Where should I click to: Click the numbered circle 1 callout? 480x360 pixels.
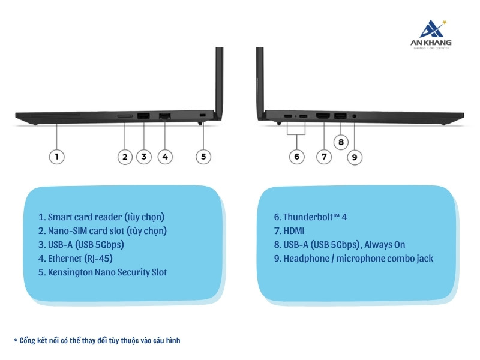56,157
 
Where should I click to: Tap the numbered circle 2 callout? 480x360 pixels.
124,157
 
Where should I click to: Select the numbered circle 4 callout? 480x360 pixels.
166,157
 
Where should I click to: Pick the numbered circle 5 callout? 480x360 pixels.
203,157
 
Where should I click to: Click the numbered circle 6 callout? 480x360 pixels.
296,157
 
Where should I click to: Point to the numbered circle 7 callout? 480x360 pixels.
323,157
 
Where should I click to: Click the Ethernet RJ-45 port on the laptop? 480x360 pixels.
164,115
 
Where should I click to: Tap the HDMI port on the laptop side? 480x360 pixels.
323,115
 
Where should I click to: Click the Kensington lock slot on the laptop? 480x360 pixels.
202,115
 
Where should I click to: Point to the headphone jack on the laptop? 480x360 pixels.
354,115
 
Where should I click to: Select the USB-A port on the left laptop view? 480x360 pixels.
143,115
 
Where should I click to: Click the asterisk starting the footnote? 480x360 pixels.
16,341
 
